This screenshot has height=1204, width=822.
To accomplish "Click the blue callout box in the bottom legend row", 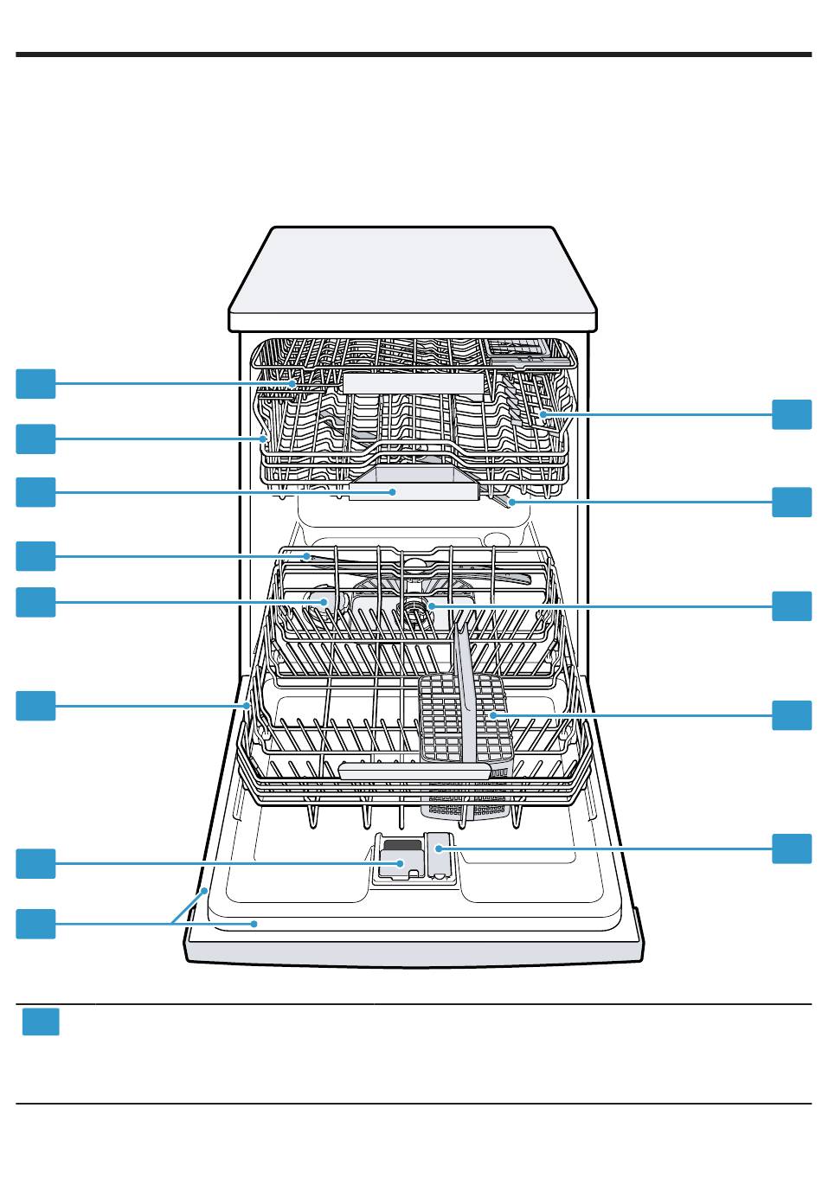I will pyautogui.click(x=40, y=1021).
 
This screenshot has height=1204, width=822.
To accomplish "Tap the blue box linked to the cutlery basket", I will pyautogui.click(x=792, y=715).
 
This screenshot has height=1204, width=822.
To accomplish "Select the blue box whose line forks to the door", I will pyautogui.click(x=35, y=924).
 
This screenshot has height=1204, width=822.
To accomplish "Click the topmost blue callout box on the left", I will pyautogui.click(x=35, y=383).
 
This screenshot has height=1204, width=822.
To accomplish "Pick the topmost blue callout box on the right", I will pyautogui.click(x=792, y=414).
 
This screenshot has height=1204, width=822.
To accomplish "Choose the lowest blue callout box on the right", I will pyautogui.click(x=792, y=849).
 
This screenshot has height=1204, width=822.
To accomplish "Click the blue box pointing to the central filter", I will pyautogui.click(x=792, y=606).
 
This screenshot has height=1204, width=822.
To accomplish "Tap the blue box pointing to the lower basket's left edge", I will pyautogui.click(x=35, y=705).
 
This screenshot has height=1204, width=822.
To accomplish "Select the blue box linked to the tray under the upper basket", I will pyautogui.click(x=35, y=491).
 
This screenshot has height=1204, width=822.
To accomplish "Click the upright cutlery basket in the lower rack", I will pyautogui.click(x=466, y=718).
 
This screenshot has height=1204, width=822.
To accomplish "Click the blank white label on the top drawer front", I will pyautogui.click(x=413, y=383).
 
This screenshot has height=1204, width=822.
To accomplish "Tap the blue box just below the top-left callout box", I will pyautogui.click(x=35, y=439).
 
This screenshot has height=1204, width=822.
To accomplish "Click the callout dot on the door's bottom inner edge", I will pyautogui.click(x=254, y=924).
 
